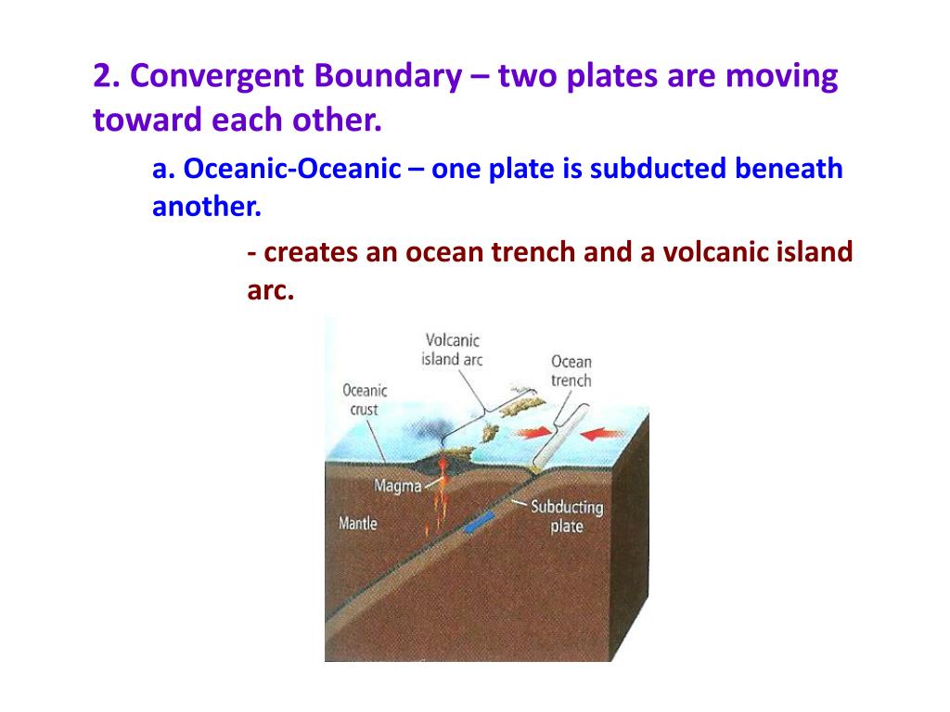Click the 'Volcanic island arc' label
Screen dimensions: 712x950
tap(452, 350)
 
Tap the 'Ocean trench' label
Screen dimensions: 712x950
tap(571, 371)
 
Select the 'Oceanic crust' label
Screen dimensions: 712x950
tap(365, 400)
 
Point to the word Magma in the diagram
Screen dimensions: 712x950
tap(397, 486)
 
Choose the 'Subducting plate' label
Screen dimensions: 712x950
tap(566, 516)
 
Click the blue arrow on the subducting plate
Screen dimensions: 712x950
tap(477, 525)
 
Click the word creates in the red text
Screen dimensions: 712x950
tap(311, 252)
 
